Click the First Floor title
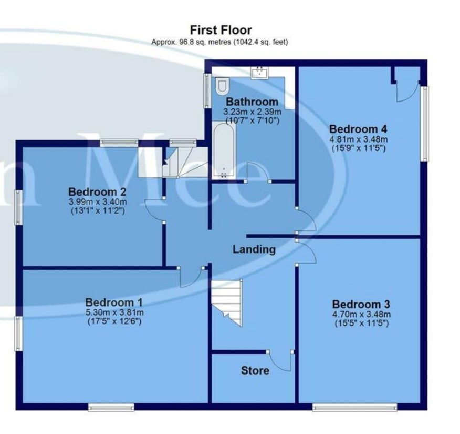click(x=221, y=30)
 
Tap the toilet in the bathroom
click(x=222, y=86)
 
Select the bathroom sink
click(x=259, y=73)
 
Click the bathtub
click(x=224, y=151)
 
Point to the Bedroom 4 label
click(x=358, y=129)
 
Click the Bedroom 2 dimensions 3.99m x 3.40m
click(x=98, y=202)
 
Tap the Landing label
click(x=254, y=249)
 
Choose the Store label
click(x=255, y=370)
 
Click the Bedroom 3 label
click(x=361, y=304)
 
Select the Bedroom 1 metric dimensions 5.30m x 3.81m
click(x=114, y=312)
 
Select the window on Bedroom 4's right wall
click(x=424, y=124)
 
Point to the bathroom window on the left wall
click(x=207, y=90)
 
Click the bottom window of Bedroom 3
click(x=354, y=407)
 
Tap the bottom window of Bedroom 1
click(x=111, y=407)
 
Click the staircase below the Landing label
click(x=227, y=302)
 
